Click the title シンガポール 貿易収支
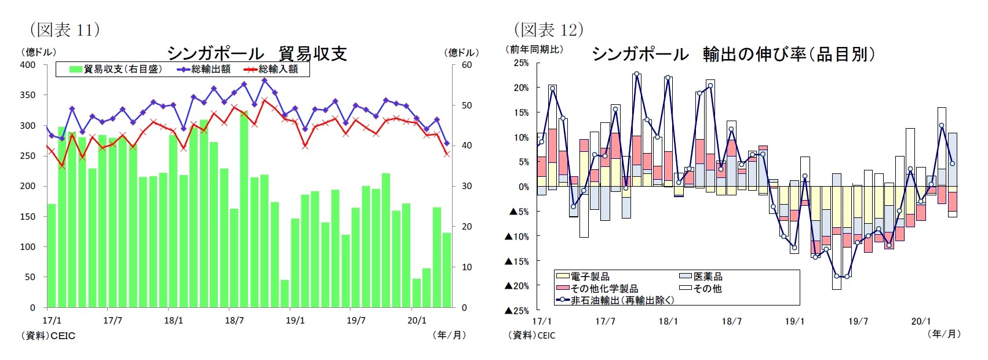[257, 53]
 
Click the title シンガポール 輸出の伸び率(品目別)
[733, 54]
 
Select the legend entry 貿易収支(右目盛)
[115, 69]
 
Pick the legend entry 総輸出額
[204, 69]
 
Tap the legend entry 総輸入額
[271, 69]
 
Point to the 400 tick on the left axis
[28, 65]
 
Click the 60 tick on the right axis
[467, 65]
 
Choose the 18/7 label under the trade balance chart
[234, 321]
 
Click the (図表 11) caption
[64, 29]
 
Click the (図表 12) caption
[548, 29]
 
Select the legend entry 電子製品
[583, 277]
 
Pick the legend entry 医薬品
[701, 277]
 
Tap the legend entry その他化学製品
[597, 288]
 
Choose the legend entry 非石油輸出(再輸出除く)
[615, 300]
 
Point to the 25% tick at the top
[520, 63]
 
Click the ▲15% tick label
[517, 261]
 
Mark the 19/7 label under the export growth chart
[858, 321]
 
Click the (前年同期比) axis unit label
[535, 49]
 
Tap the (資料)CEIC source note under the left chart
[48, 336]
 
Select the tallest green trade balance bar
[244, 209]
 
